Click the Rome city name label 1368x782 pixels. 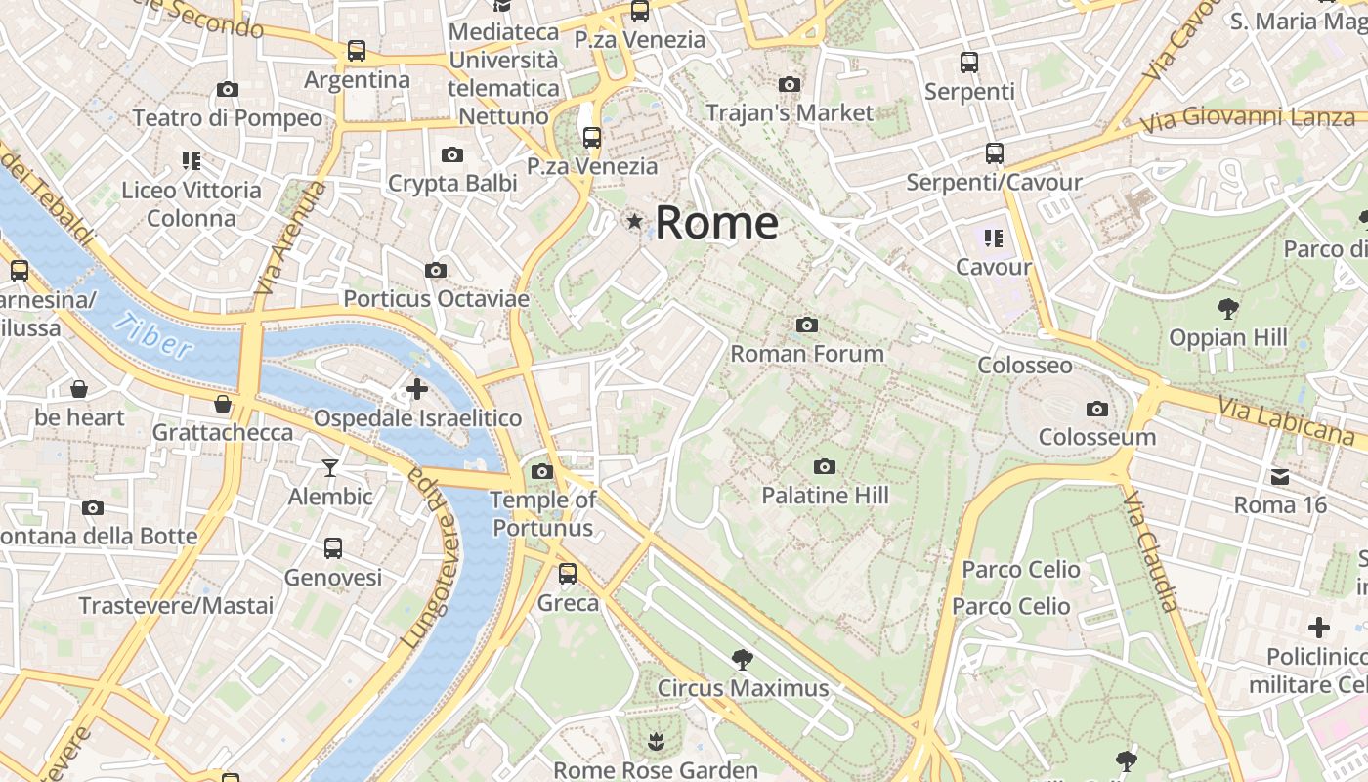716,223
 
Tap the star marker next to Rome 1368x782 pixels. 635,222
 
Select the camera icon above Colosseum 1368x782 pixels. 1096,409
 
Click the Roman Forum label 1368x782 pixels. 807,354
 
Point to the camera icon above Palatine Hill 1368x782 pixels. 825,466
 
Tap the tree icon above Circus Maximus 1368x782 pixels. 742,658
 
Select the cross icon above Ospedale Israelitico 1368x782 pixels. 417,389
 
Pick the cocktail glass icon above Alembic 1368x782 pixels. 330,468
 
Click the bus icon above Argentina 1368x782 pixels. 357,50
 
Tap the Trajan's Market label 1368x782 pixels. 790,112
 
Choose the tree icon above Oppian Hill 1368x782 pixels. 1228,310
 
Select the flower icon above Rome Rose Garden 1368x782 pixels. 656,742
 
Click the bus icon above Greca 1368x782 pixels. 568,574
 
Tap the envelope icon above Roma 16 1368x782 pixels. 1280,477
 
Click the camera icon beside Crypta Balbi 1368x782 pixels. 451,154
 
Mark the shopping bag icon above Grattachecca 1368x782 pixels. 223,403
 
